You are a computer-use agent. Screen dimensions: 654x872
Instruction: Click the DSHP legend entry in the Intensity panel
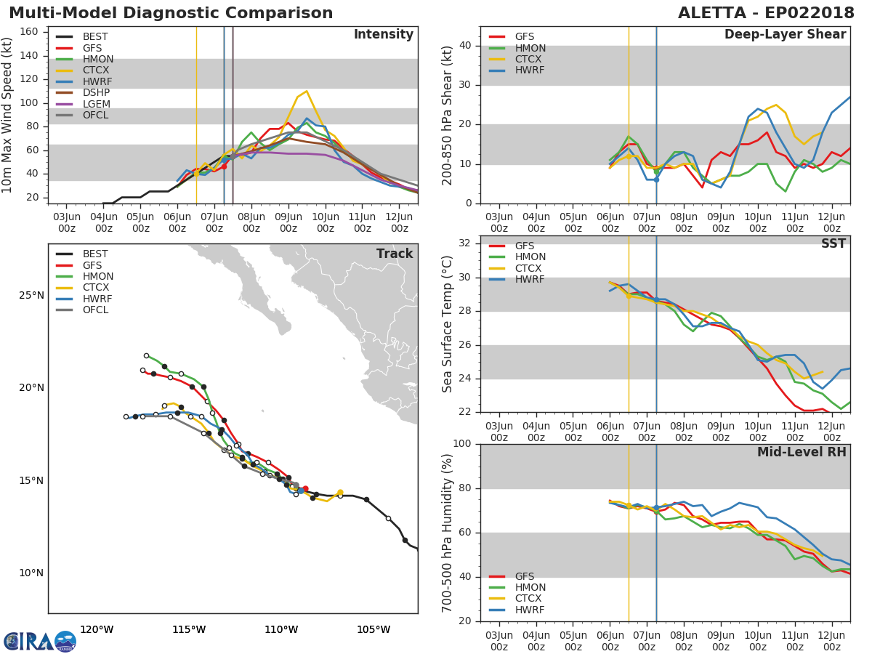coord(97,93)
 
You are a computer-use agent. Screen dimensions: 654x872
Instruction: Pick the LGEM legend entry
coord(97,104)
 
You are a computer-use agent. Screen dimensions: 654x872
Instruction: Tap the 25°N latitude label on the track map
coord(31,296)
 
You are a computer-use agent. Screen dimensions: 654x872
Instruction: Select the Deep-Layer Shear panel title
coord(785,35)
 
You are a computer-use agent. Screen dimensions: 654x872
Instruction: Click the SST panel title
coord(833,244)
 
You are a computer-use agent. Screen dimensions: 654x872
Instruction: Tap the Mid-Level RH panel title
coord(801,453)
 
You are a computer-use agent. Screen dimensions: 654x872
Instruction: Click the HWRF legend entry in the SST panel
coord(530,280)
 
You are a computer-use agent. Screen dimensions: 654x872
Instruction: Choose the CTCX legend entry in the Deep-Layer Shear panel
coord(530,60)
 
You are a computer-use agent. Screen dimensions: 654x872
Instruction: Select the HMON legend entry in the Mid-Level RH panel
coord(530,588)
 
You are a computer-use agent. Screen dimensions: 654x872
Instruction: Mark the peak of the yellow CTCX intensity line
coord(307,92)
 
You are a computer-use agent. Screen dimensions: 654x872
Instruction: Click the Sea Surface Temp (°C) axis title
coord(448,324)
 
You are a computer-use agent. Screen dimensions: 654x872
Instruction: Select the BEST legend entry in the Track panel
coord(95,254)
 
